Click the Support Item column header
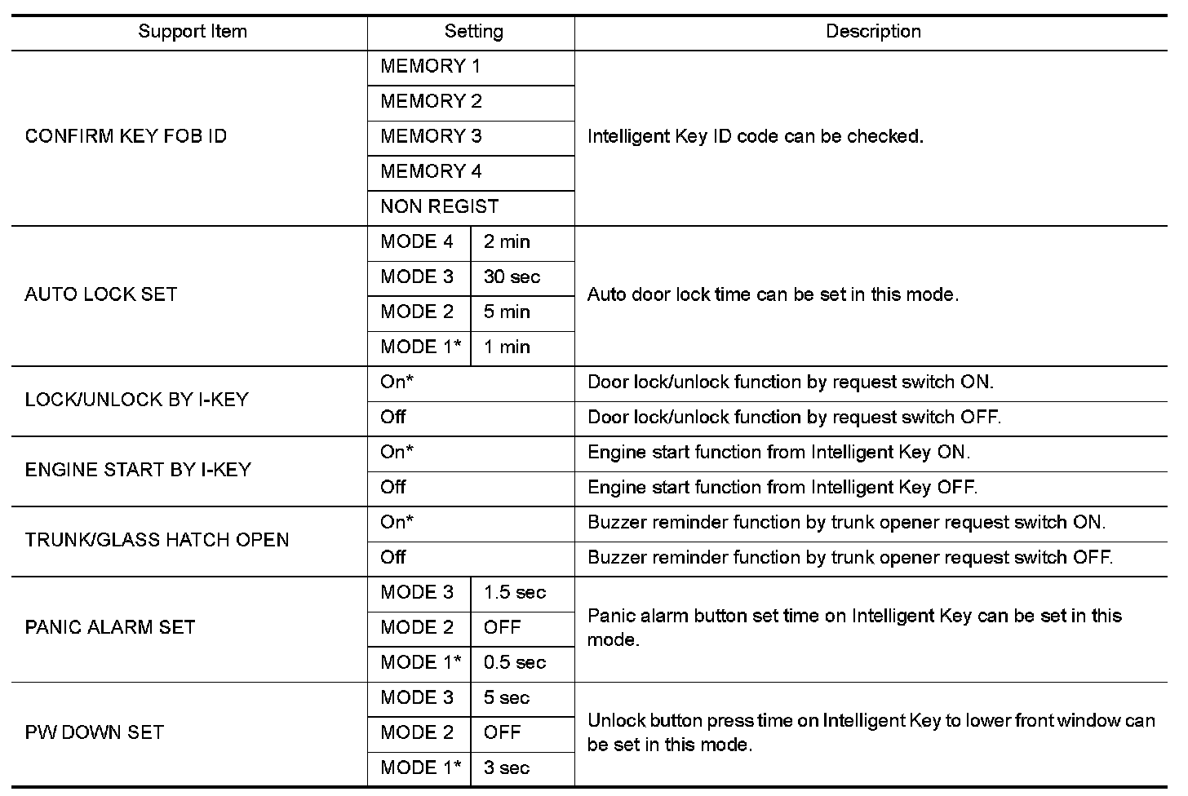point(192,32)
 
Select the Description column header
point(873,32)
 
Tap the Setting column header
point(473,32)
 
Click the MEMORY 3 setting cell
point(431,136)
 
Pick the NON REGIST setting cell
point(439,206)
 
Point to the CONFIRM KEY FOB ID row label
point(126,136)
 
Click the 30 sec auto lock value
point(512,276)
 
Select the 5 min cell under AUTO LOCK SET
point(507,312)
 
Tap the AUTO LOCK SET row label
point(101,294)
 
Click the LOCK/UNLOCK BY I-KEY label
point(136,400)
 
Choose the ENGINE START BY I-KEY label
point(138,470)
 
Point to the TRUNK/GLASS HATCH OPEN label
point(157,540)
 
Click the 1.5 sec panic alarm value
point(514,592)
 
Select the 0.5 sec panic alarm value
point(514,662)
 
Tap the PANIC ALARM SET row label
point(110,627)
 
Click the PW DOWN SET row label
point(95,732)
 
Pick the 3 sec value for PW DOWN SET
point(506,767)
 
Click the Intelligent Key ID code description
point(755,136)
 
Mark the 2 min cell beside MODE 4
point(507,241)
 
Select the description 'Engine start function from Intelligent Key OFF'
point(782,488)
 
